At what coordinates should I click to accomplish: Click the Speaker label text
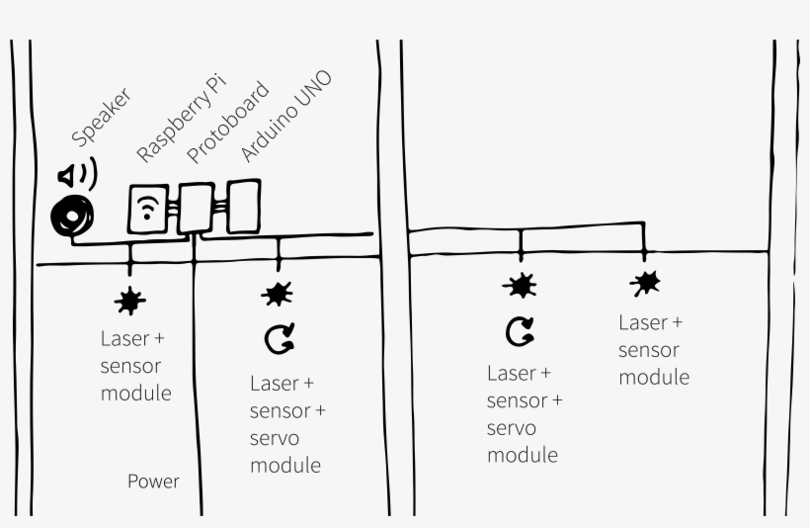tap(100, 117)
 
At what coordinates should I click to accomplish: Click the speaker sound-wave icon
tap(77, 176)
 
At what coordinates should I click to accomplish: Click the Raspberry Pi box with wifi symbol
tap(149, 209)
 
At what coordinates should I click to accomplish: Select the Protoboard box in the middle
tap(196, 208)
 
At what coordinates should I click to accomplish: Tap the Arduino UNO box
tap(242, 205)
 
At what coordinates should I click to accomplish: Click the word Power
tap(153, 482)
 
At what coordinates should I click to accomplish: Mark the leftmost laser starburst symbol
tap(128, 298)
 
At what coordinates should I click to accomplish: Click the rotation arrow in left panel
tap(279, 340)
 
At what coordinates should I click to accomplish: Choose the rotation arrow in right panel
tap(520, 332)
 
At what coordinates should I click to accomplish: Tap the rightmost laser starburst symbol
tap(646, 284)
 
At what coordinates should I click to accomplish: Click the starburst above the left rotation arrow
tap(278, 294)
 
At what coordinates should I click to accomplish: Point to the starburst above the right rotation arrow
tap(521, 287)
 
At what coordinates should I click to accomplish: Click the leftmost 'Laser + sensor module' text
tap(135, 366)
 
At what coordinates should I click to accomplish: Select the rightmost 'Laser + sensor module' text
tap(653, 349)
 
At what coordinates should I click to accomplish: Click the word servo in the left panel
tap(275, 437)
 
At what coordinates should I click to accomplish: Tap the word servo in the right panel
tap(512, 428)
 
